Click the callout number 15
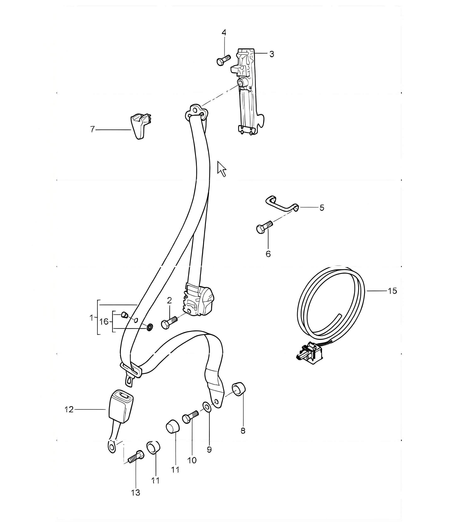(x=392, y=291)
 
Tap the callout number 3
(x=272, y=54)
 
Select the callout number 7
(x=92, y=129)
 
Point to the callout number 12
(x=69, y=409)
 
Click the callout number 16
(x=104, y=321)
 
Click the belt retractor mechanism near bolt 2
(x=199, y=300)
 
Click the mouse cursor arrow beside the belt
(x=222, y=169)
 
